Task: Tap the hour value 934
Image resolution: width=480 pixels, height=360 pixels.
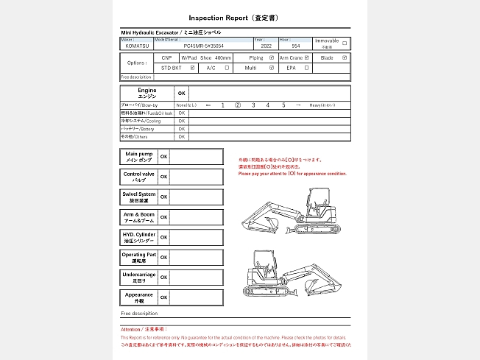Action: (x=295, y=46)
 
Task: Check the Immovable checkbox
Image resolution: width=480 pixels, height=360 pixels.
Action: (x=345, y=43)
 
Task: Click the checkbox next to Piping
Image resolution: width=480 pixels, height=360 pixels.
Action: (x=272, y=57)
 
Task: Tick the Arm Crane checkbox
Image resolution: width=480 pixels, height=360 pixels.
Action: (x=306, y=57)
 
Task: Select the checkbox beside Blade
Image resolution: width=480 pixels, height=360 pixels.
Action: (x=345, y=57)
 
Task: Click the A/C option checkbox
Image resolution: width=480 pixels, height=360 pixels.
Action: (x=227, y=68)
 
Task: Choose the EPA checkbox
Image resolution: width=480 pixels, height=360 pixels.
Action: (x=306, y=68)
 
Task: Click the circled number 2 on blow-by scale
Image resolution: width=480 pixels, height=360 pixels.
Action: (x=238, y=105)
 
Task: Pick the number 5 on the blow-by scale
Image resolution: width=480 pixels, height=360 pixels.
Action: (x=283, y=105)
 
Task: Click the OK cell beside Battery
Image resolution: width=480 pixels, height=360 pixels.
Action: (x=182, y=129)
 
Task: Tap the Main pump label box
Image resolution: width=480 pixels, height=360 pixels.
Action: (x=139, y=157)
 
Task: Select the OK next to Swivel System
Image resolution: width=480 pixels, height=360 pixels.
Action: (x=164, y=197)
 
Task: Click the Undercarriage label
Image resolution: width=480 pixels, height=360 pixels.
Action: (x=139, y=277)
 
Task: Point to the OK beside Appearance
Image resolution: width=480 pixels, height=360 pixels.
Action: (x=164, y=297)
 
